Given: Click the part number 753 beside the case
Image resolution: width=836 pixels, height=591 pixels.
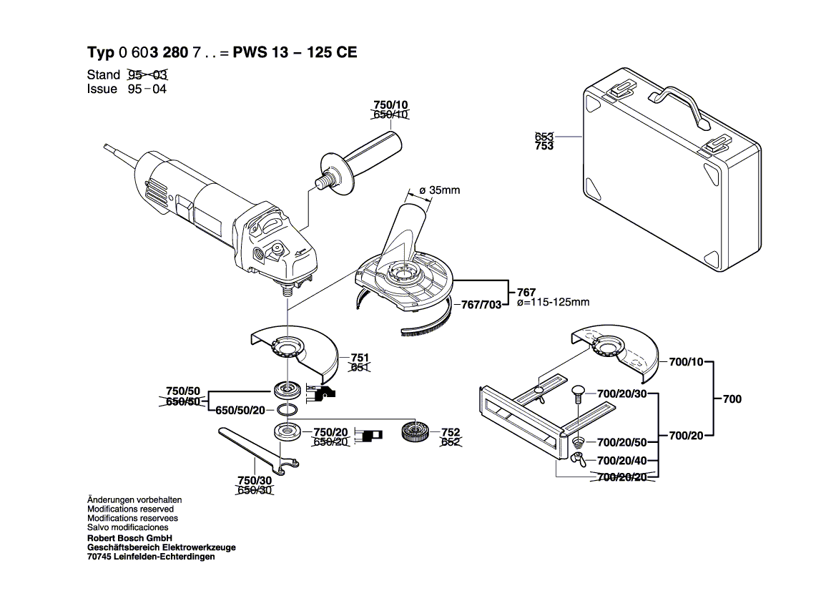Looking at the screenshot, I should (544, 146).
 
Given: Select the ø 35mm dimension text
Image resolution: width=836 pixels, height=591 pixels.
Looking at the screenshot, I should (439, 190).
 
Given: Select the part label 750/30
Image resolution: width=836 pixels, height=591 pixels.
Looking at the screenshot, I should (254, 480).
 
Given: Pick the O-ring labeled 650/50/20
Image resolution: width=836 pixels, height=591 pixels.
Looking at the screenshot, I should (287, 409).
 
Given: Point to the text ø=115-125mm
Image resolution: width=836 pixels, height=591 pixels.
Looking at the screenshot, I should (553, 302).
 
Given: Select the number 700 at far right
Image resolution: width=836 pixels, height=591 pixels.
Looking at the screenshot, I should (732, 399).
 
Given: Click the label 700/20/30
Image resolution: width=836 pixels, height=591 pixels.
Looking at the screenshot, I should (621, 394).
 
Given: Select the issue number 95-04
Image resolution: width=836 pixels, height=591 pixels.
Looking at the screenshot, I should (147, 89).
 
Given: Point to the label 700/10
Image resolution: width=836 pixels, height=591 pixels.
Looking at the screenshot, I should (686, 362).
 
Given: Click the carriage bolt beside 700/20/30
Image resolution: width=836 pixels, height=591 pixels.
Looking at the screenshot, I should (579, 391).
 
